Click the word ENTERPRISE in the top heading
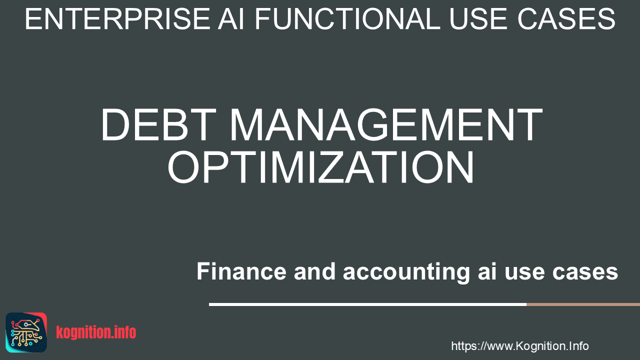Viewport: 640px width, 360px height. point(117,19)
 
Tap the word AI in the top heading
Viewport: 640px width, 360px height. point(231,19)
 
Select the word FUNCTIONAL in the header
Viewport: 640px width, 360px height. point(347,19)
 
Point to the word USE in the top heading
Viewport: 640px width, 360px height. point(479,19)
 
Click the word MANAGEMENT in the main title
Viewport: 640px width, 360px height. point(386,124)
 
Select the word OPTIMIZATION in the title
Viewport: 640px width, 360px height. point(320,167)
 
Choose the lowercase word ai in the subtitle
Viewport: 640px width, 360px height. point(487,271)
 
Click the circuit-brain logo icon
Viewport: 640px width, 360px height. point(26,332)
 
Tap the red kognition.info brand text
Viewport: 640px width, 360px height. point(96,332)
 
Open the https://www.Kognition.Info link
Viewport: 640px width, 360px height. point(520,346)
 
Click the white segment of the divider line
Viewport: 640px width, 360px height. point(367,304)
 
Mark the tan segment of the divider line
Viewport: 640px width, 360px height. point(583,304)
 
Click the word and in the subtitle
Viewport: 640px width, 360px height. point(314,271)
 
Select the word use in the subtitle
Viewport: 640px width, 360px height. point(524,272)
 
